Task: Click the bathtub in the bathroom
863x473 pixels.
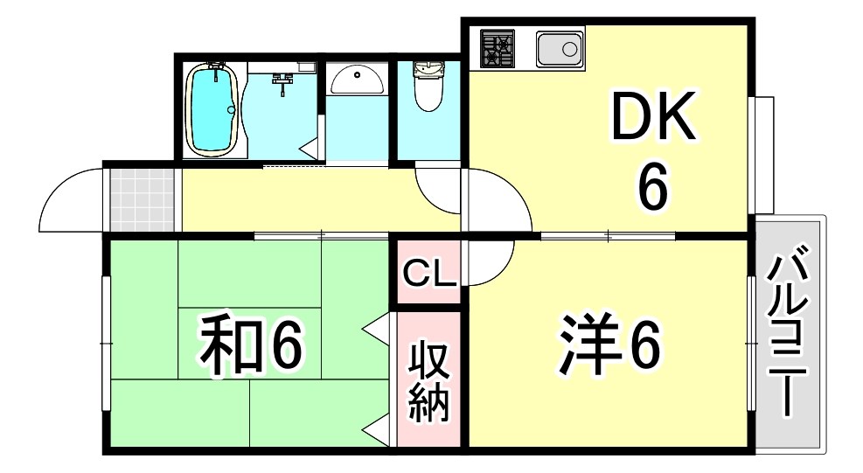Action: tap(212, 110)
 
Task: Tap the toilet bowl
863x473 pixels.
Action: tap(428, 87)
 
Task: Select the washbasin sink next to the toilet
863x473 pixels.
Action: tap(356, 80)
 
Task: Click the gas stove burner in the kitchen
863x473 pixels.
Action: tap(495, 48)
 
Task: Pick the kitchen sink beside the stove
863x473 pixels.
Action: tap(560, 49)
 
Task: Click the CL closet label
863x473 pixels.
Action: tap(429, 275)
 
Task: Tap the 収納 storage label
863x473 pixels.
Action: tap(429, 382)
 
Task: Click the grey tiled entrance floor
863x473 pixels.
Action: tap(142, 198)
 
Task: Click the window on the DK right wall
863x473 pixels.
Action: tap(762, 154)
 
